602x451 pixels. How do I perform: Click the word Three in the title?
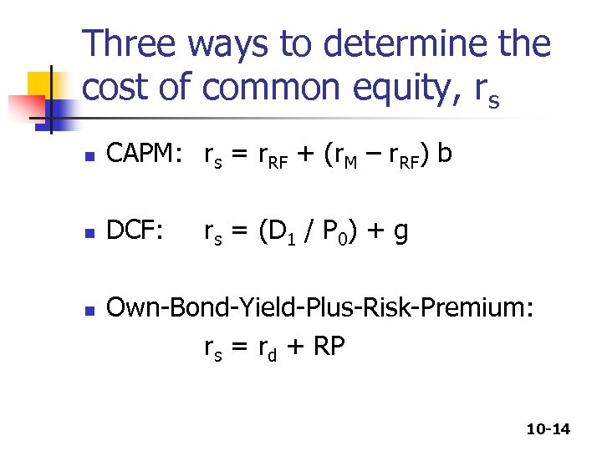pyautogui.click(x=135, y=43)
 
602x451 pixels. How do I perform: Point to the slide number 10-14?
pyautogui.click(x=548, y=429)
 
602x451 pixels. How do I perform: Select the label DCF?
pyautogui.click(x=136, y=231)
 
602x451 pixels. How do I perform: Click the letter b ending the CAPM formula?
pyautogui.click(x=445, y=155)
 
